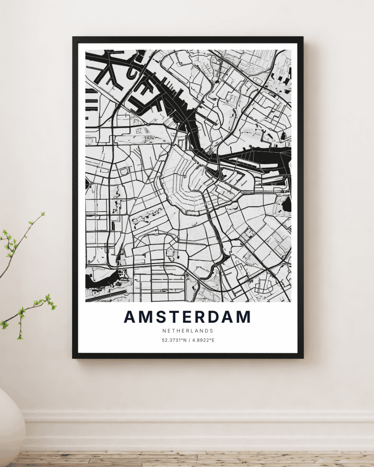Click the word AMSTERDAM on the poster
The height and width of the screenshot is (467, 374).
[x=187, y=317]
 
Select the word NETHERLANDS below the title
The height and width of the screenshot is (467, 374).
[x=188, y=331]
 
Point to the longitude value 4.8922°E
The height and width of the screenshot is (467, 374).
[x=203, y=340]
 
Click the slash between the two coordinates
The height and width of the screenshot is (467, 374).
[x=189, y=340]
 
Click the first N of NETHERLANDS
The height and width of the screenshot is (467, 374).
[x=163, y=331]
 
